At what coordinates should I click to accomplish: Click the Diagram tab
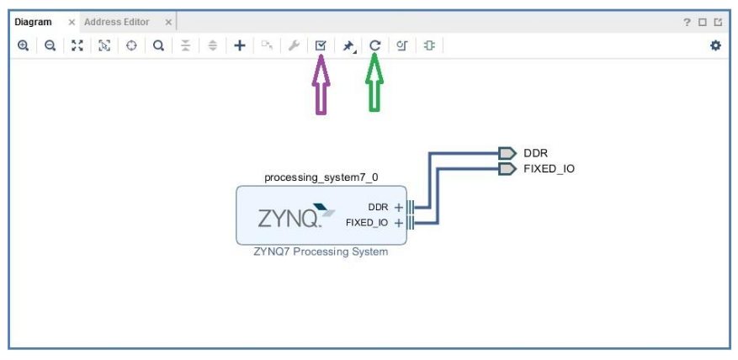[x=33, y=22]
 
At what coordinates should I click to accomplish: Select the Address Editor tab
[x=117, y=22]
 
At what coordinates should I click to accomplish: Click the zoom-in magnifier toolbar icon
[x=23, y=45]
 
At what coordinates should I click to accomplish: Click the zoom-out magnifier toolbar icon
[x=50, y=45]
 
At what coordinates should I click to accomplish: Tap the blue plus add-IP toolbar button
[x=240, y=45]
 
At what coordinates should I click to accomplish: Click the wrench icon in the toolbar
[x=294, y=45]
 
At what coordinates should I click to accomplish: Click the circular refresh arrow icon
[x=374, y=45]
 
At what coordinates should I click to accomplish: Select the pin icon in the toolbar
[x=348, y=46]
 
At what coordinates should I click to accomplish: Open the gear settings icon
[x=715, y=45]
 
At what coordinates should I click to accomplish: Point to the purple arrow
[x=321, y=84]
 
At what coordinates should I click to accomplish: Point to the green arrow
[x=374, y=82]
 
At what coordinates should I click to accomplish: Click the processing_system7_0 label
[x=321, y=177]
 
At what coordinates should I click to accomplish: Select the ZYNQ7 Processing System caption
[x=321, y=251]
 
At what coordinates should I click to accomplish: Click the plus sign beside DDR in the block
[x=399, y=208]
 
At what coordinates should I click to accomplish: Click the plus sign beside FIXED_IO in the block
[x=399, y=223]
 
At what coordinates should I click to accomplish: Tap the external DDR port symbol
[x=507, y=153]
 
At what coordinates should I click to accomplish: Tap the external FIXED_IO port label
[x=549, y=169]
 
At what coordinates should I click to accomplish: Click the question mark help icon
[x=688, y=22]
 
